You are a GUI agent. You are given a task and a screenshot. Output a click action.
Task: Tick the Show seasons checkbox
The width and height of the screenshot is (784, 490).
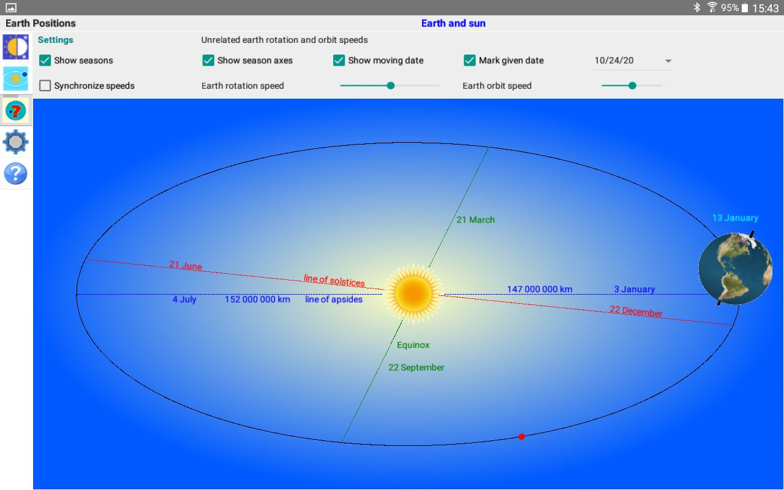point(45,60)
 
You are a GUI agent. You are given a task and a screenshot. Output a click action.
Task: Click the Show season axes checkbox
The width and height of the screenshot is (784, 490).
point(208,60)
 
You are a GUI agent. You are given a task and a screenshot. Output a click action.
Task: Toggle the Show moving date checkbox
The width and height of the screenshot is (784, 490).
point(339,60)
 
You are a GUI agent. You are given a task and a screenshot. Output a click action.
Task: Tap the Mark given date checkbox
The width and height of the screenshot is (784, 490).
point(470,60)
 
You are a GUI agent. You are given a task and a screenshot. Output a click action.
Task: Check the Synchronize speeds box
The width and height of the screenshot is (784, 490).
point(45,85)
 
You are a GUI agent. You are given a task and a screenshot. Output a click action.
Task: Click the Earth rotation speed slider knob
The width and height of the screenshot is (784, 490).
point(391,85)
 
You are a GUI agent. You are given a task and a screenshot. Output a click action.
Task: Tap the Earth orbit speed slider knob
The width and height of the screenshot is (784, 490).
point(632,85)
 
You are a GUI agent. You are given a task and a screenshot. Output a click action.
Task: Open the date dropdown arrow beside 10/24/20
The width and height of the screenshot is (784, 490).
point(668,61)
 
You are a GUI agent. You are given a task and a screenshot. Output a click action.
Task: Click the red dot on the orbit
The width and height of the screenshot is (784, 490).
point(521,437)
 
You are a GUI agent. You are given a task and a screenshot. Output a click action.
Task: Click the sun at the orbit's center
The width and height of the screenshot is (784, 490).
point(413,293)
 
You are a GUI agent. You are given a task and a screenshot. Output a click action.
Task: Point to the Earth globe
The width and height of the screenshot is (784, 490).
point(736,268)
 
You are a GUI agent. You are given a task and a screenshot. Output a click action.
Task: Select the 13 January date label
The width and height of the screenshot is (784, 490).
point(736,217)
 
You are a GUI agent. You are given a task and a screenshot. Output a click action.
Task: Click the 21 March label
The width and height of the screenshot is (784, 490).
point(476,220)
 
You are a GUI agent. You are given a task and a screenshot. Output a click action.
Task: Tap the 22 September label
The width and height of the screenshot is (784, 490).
point(416,367)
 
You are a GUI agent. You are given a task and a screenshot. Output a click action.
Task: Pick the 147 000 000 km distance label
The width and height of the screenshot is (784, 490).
point(540,289)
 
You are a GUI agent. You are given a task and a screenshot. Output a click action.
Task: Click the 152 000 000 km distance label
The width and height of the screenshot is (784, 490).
point(257,300)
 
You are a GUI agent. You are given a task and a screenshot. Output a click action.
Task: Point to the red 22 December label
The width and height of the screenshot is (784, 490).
point(636,311)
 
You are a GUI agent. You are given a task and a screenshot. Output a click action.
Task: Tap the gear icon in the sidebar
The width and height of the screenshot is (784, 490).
point(16,141)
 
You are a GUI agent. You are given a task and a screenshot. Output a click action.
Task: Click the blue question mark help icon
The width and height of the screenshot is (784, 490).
point(16,173)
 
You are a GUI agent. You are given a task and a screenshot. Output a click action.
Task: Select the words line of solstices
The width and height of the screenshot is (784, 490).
point(334,281)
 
